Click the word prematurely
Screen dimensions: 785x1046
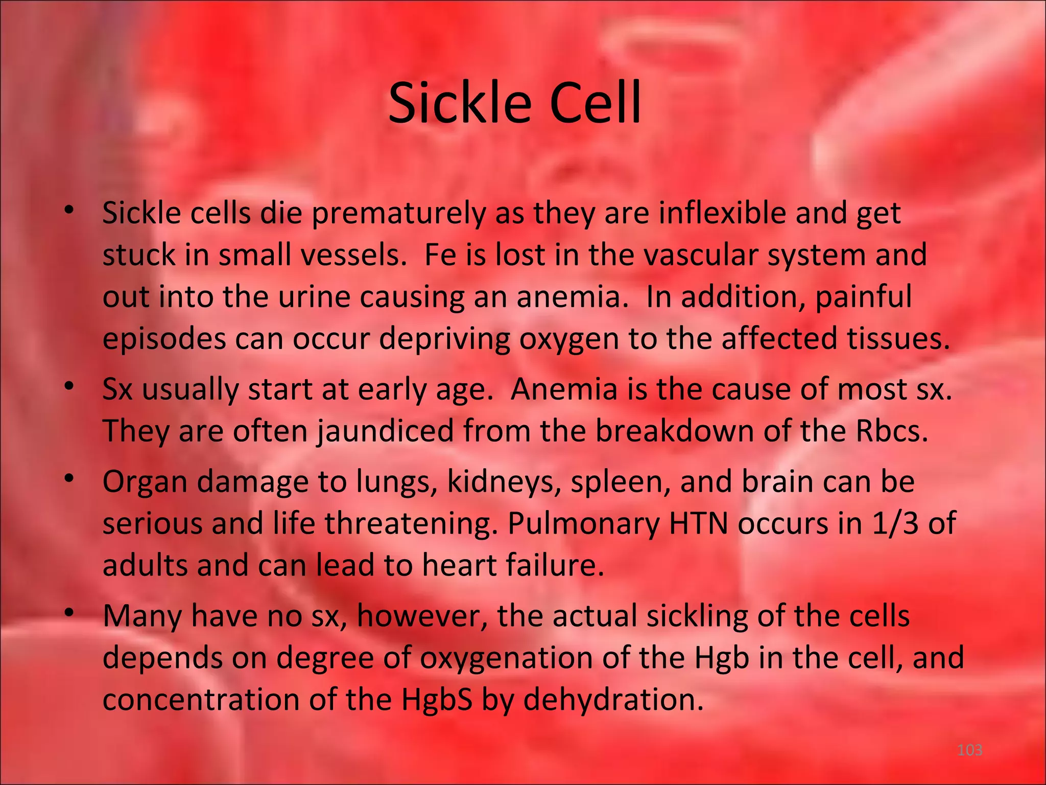[x=398, y=214]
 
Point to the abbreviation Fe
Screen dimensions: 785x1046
[x=440, y=255]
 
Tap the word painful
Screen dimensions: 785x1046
[x=863, y=297]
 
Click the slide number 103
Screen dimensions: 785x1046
[x=969, y=750]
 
